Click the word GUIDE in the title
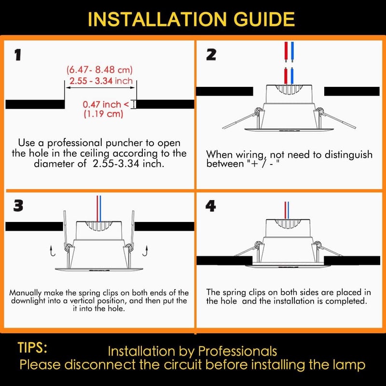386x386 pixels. point(264,19)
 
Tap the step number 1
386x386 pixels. point(18,55)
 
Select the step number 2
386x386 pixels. point(211,55)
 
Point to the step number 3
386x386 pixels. point(18,206)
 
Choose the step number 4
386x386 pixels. point(211,206)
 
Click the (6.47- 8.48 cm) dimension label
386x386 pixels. point(99,69)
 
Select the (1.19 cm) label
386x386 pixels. point(103,114)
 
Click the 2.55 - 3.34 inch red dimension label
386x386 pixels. point(101,81)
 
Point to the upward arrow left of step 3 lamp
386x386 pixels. point(53,250)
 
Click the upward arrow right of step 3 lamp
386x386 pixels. point(146,250)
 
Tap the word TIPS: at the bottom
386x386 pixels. point(32,347)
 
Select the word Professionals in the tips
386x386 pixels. point(237,351)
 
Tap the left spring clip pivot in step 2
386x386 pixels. point(258,111)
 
